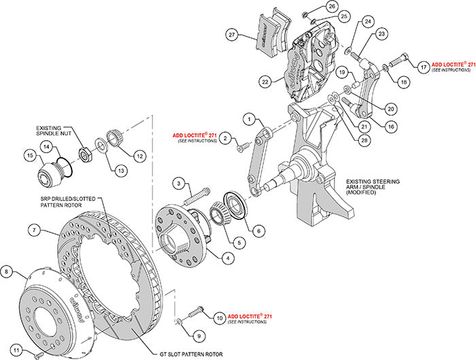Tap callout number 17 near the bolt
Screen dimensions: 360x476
tap(424, 67)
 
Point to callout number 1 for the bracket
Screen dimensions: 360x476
tap(249, 118)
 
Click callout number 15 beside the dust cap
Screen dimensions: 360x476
tap(29, 156)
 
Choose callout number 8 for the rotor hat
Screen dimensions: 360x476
tap(8, 273)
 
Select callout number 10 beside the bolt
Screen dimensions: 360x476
tap(218, 317)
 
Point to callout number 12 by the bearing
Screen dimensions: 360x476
tap(139, 157)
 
